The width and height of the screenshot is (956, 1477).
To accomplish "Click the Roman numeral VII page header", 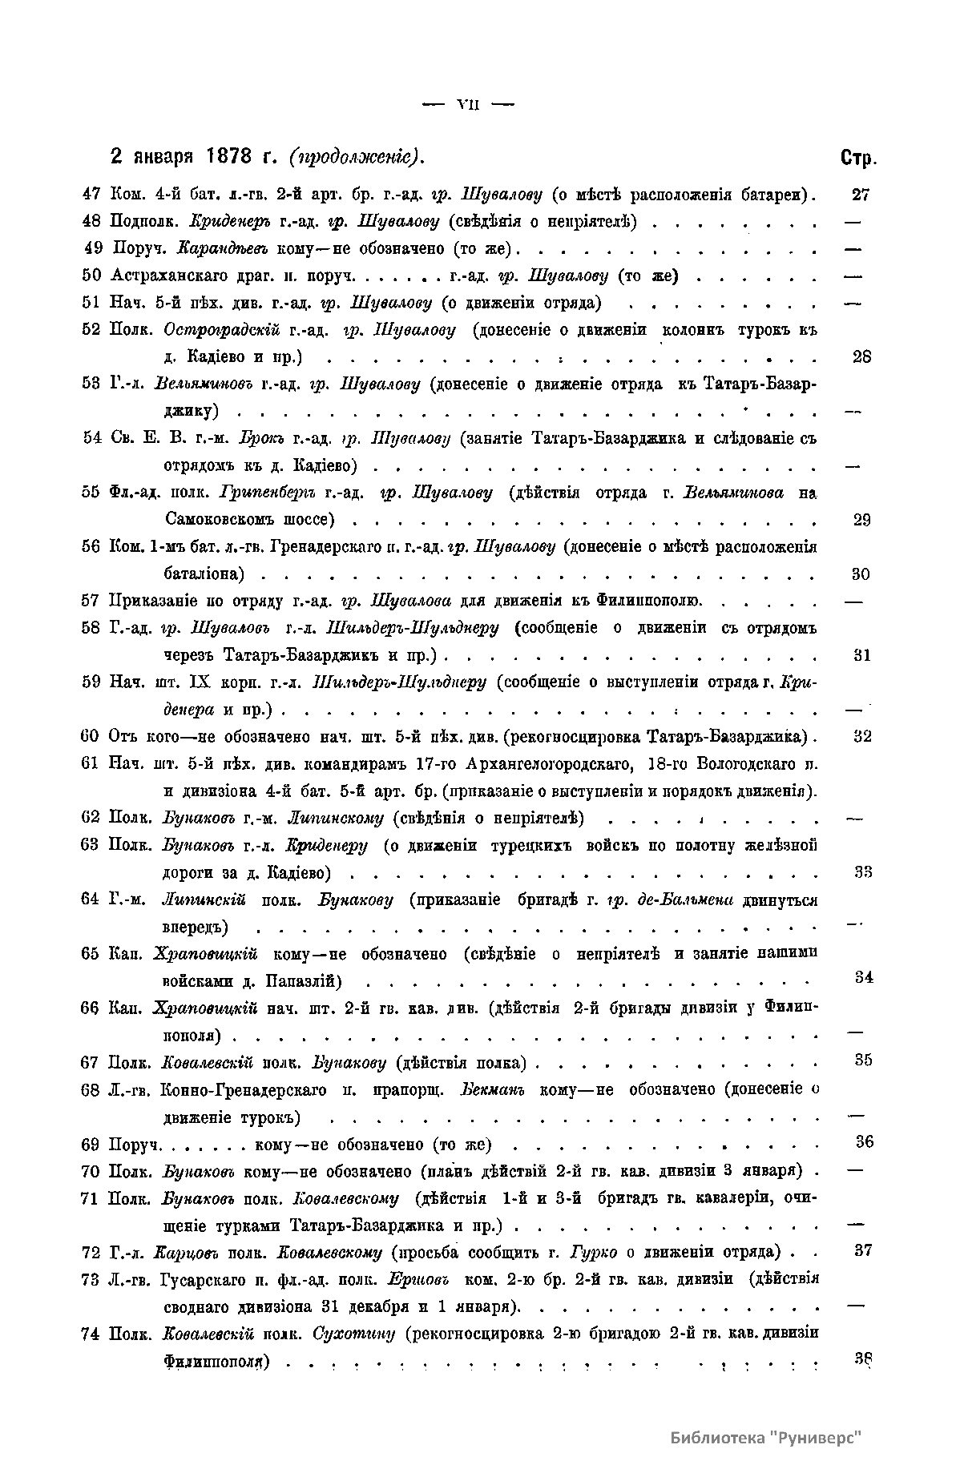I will (x=468, y=104).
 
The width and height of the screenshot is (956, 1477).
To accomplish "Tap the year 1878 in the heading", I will (x=231, y=156).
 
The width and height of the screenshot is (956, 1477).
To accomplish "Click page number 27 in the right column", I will (x=861, y=194).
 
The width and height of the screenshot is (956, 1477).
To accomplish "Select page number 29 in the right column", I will (x=861, y=520).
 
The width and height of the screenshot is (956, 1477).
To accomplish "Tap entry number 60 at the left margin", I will (x=91, y=736).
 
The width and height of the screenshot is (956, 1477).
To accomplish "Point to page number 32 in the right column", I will (x=862, y=736).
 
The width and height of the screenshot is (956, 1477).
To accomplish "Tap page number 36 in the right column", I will (x=864, y=1142).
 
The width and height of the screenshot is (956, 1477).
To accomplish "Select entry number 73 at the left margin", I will (x=91, y=1279).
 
